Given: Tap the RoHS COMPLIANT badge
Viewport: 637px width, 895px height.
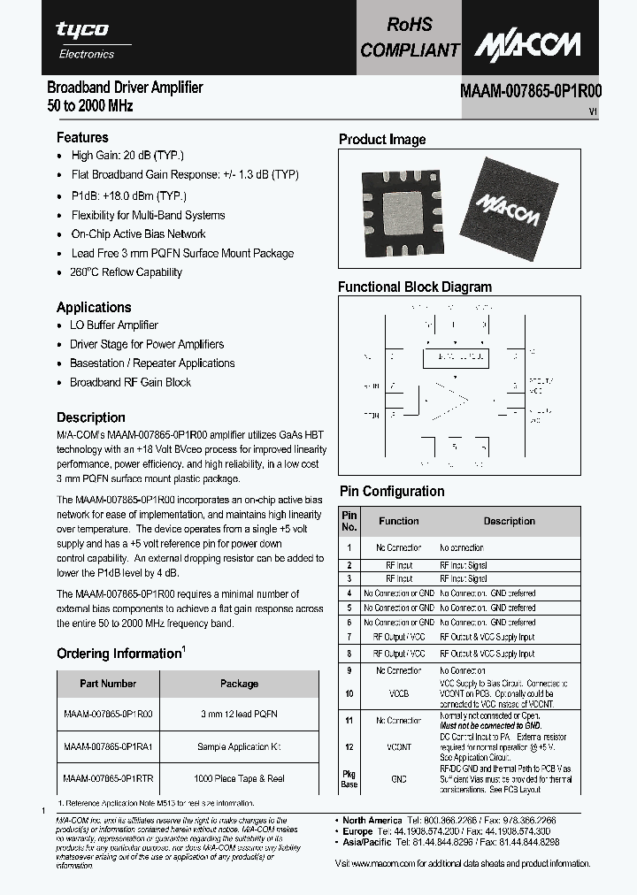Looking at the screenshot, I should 410,38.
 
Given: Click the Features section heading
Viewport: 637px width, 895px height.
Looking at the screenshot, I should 82,137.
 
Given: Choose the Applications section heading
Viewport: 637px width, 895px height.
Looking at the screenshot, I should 94,307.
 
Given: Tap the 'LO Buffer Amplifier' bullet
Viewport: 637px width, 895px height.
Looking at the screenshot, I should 114,325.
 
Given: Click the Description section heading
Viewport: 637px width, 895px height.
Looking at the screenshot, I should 91,417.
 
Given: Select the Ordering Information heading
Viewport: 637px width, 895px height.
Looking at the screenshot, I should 119,654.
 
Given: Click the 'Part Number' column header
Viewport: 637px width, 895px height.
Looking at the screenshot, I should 108,684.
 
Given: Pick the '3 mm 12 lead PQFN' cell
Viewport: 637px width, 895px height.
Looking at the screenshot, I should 239,714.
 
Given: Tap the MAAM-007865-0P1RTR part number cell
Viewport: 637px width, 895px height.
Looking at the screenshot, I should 108,778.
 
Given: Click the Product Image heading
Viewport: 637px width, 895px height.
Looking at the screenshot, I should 382,140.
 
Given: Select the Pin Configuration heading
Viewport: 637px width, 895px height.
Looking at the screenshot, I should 392,492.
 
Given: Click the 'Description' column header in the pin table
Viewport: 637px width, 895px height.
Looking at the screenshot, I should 509,521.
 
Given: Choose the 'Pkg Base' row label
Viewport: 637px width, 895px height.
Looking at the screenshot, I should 349,779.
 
